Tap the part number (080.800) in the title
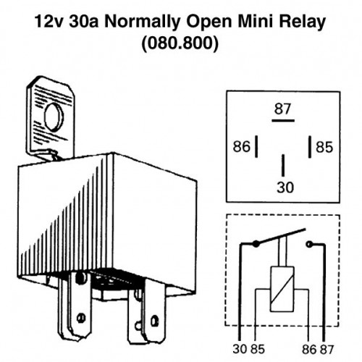tap(180, 43)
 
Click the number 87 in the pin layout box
tap(282, 109)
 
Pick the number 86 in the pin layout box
tap(241, 146)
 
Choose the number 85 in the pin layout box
tap(324, 147)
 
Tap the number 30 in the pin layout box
tap(285, 188)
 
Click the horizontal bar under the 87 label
tap(283, 120)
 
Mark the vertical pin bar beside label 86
tap(256, 146)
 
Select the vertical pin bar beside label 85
tap(310, 147)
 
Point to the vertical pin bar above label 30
tap(283, 165)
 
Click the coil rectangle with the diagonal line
tap(282, 289)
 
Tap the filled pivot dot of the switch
tap(256, 244)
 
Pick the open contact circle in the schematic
tap(309, 244)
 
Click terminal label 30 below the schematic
tap(240, 349)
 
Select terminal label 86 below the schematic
tap(309, 349)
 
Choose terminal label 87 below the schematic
tap(327, 349)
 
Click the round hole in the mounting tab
tap(54, 117)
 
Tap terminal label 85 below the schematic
tap(258, 349)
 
